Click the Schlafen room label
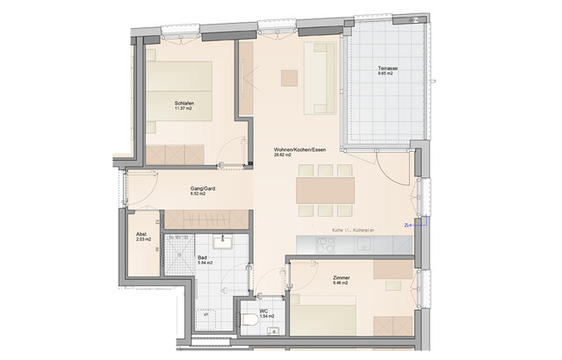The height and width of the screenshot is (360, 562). coord(184,104)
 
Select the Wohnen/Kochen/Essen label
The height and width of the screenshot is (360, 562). coord(300,149)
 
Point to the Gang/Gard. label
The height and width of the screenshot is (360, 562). coord(203,189)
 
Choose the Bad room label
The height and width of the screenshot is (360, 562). coord(202,257)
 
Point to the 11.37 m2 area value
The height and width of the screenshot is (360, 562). coord(184,111)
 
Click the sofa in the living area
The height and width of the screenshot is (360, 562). coord(318,79)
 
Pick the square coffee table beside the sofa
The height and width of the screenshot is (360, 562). coord(289,77)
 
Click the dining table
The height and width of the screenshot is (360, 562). coord(325,189)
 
